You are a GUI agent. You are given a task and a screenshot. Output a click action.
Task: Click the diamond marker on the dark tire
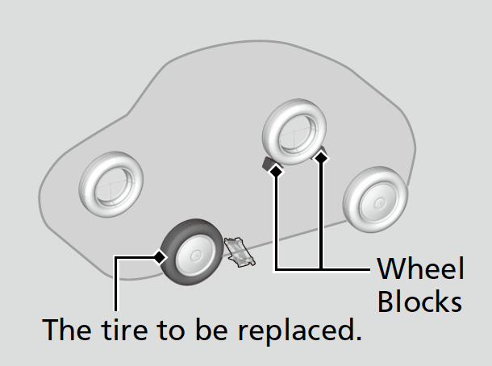coord(160,257)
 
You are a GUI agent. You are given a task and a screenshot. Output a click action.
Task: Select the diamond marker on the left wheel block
coord(276,171)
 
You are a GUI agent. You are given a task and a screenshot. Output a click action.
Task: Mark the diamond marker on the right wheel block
coord(322,158)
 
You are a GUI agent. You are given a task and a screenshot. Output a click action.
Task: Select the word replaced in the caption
coord(304,331)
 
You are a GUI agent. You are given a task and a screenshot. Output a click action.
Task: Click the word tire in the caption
coord(128,330)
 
